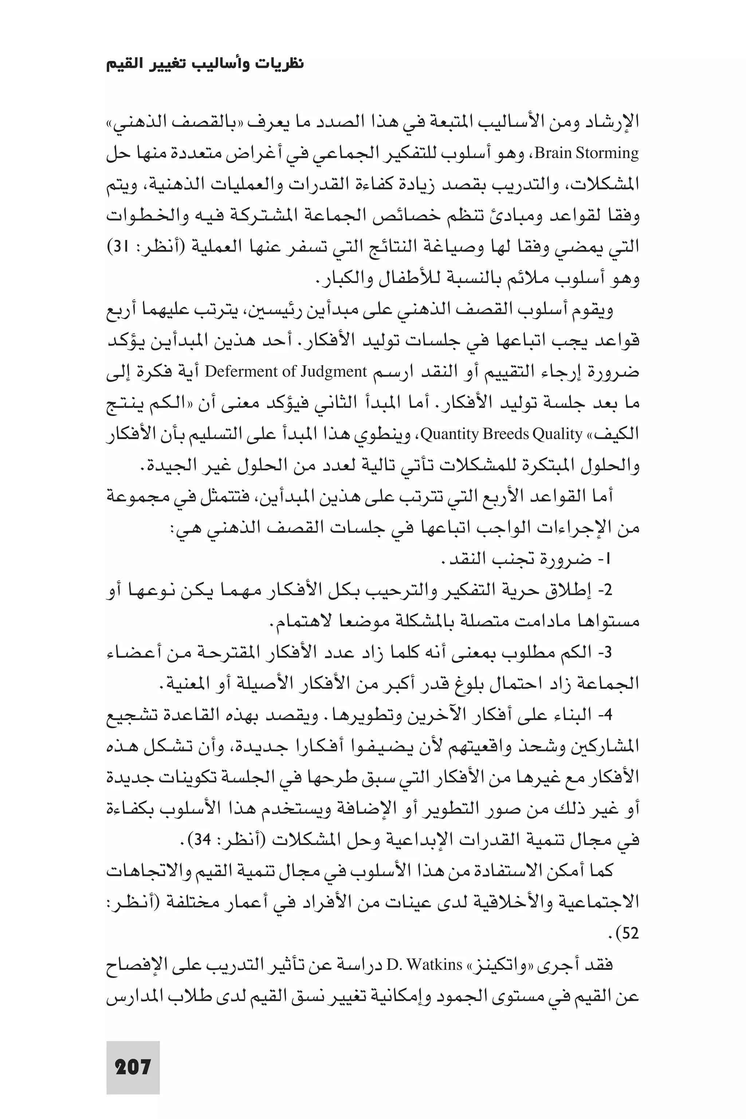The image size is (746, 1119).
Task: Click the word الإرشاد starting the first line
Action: (x=616, y=123)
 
